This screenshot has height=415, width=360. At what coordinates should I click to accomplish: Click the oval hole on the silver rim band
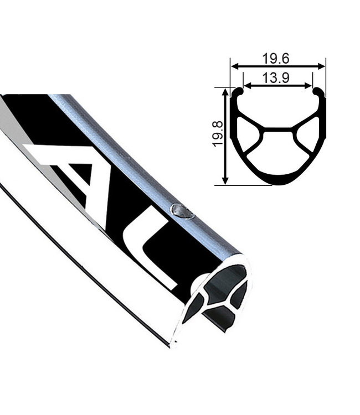coord(182,210)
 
